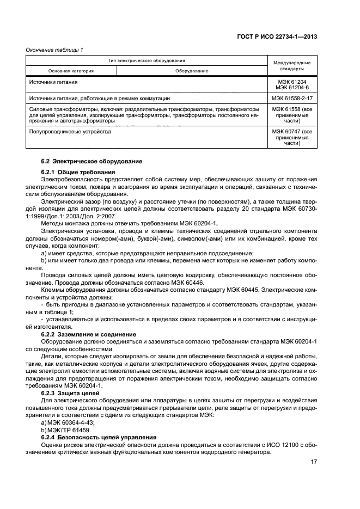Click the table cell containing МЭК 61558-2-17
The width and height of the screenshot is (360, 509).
click(292, 99)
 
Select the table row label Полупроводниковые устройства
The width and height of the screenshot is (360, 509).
click(69, 131)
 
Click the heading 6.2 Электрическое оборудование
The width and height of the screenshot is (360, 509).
click(91, 162)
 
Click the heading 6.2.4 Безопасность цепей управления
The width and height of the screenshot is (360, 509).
click(99, 438)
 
